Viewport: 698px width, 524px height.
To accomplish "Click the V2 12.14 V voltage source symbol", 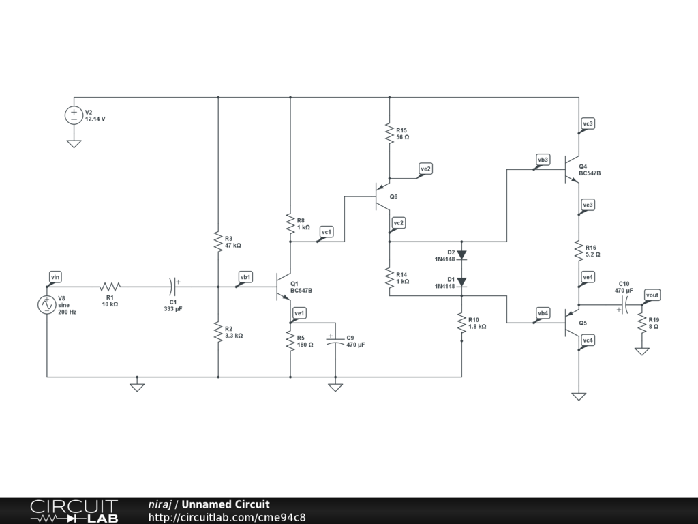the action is (x=74, y=115).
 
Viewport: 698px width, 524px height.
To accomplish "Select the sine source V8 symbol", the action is (x=47, y=305).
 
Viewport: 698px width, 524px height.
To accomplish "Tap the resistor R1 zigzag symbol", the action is (x=110, y=287).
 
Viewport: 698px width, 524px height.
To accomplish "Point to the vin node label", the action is (x=55, y=277).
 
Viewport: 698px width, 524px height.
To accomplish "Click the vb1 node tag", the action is (x=245, y=277).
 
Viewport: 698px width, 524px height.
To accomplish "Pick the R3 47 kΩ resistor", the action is (x=218, y=242).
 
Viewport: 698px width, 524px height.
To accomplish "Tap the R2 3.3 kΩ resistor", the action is (x=218, y=332).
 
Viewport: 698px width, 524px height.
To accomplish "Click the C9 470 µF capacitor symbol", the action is (x=335, y=341).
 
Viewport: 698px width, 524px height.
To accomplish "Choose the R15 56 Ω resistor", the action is (x=389, y=133).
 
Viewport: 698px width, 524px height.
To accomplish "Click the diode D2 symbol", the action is (x=461, y=255).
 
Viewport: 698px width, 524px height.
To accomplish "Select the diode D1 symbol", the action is (x=461, y=282).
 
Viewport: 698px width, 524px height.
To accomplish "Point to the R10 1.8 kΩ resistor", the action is (x=461, y=323).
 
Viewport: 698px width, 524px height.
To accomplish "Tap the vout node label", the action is (x=652, y=295).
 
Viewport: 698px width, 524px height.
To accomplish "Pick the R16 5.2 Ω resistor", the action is (x=579, y=250).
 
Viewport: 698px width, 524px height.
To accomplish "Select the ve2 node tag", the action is (x=425, y=169).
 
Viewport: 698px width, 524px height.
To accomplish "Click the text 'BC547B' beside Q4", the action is (x=590, y=173).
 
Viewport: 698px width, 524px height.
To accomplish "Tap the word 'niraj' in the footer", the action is (x=160, y=504).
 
